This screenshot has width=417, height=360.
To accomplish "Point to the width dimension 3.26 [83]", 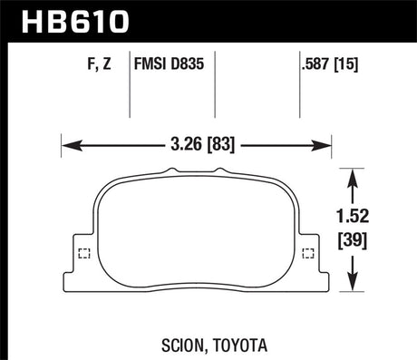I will [x=193, y=142].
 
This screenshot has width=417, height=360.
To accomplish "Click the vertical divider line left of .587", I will [x=300, y=86].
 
